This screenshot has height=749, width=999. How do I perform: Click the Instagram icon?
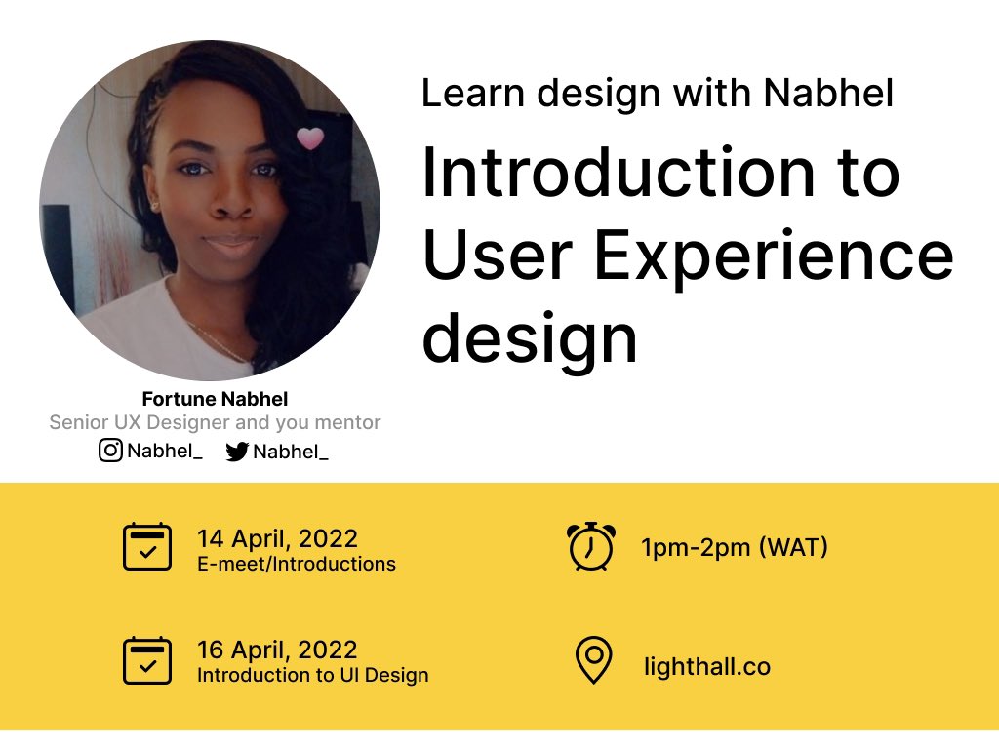(x=111, y=451)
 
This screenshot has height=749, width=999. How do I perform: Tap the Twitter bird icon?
(x=237, y=452)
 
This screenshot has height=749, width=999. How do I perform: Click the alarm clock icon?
(x=591, y=546)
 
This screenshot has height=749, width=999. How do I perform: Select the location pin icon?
(x=592, y=660)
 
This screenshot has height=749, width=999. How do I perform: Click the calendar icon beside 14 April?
(x=147, y=547)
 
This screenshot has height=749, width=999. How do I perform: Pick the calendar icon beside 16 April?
(x=147, y=660)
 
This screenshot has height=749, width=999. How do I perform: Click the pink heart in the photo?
(x=310, y=138)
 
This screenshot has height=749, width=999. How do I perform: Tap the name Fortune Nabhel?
(x=215, y=399)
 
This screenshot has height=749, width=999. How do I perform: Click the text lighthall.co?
(x=707, y=667)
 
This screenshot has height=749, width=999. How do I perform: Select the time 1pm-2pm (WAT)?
(x=734, y=547)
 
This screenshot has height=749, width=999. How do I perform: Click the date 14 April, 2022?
(x=277, y=538)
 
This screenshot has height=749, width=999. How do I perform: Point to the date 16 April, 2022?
(x=277, y=650)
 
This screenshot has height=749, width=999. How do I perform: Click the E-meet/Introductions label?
(x=297, y=564)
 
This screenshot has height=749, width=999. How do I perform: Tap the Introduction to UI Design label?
(x=312, y=675)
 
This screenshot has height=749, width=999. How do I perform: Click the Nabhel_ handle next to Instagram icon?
(x=164, y=451)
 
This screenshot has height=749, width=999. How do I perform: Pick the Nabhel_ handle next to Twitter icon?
(x=290, y=452)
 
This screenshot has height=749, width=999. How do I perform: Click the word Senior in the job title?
(x=76, y=423)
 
